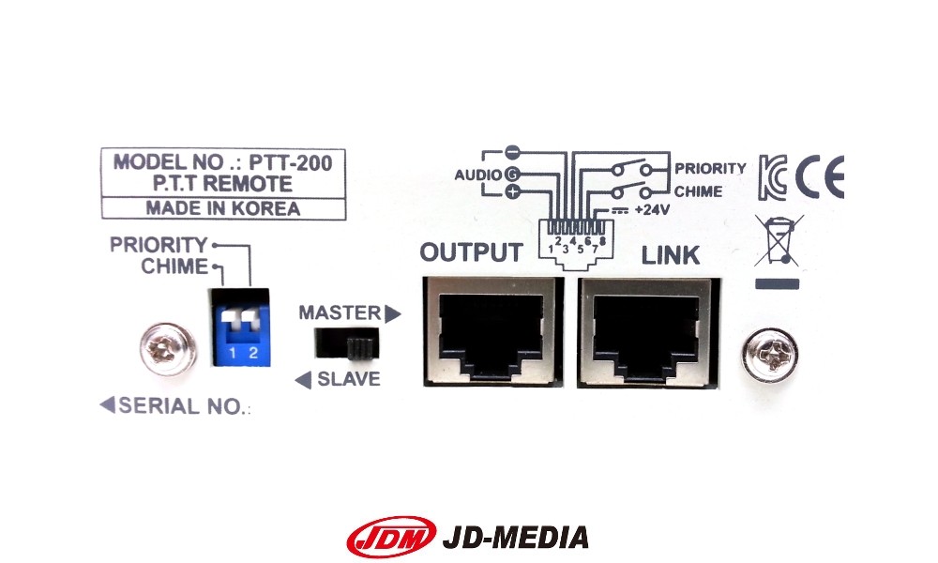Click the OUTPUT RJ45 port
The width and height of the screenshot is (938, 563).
point(490,331)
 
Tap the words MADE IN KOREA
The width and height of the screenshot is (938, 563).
point(222,208)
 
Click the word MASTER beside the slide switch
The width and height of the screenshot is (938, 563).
point(340,312)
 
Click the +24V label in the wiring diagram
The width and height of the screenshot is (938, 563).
point(651,210)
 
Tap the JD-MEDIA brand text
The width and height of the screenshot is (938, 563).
point(516,537)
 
